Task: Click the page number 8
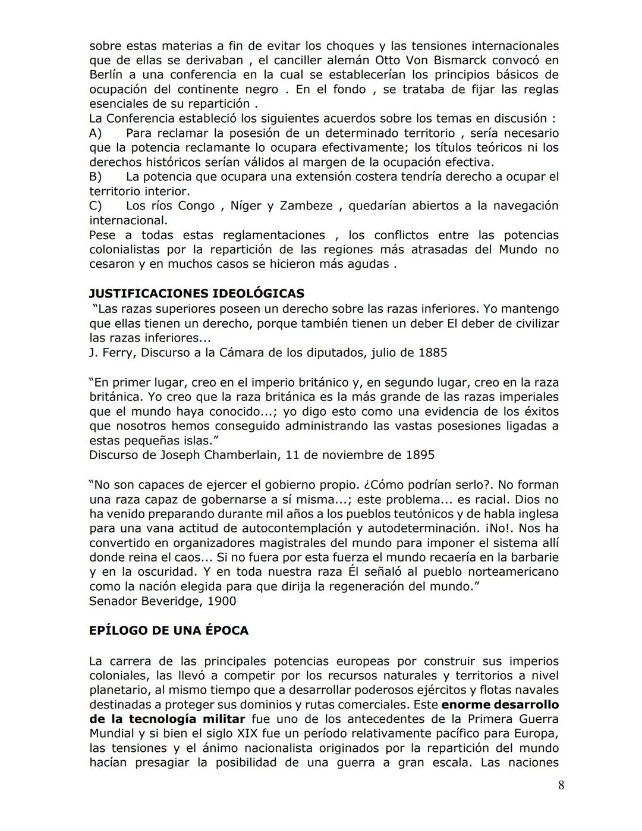pos(561,785)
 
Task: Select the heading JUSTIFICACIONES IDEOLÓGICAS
pos(196,293)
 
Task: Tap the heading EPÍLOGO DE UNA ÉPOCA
pos(168,631)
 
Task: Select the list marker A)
pos(96,133)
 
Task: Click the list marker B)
pos(96,177)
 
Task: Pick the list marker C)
pos(96,206)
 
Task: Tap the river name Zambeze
pos(306,206)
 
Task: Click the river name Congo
pos(196,206)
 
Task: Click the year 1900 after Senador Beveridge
pos(221,601)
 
